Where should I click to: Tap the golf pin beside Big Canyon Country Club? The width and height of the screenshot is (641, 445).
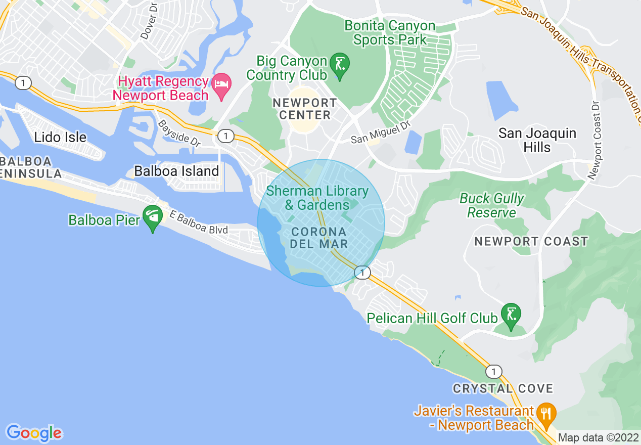(x=340, y=65)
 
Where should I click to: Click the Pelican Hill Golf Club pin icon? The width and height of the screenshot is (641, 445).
(x=511, y=316)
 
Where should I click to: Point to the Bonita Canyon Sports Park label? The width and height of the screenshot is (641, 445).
(x=389, y=32)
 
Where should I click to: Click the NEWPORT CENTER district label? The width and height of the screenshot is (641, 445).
(x=304, y=109)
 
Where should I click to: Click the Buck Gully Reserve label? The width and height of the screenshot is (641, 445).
(x=491, y=205)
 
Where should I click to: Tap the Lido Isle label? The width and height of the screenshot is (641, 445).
(x=61, y=137)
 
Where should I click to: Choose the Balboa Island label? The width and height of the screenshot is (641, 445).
(x=176, y=171)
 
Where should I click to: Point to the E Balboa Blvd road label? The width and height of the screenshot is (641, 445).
(x=199, y=223)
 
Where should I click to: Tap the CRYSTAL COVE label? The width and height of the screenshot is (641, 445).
(x=502, y=388)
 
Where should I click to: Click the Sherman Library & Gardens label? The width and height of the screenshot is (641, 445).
(x=317, y=198)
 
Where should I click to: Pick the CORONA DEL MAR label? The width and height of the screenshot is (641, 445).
(x=319, y=238)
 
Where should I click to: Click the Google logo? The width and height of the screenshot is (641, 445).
(x=34, y=432)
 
